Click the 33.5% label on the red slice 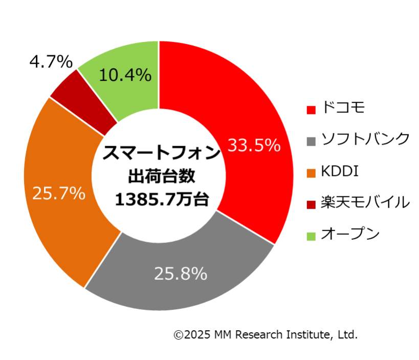click(254, 146)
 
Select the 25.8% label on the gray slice click(181, 274)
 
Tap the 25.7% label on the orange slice click(59, 193)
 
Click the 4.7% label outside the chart click(51, 62)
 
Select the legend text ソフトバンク click(365, 139)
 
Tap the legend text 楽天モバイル click(365, 202)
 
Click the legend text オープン click(350, 234)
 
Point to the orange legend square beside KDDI click(310, 172)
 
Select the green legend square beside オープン click(310, 236)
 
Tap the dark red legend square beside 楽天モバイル click(310, 204)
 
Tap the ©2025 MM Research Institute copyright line click(266, 335)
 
